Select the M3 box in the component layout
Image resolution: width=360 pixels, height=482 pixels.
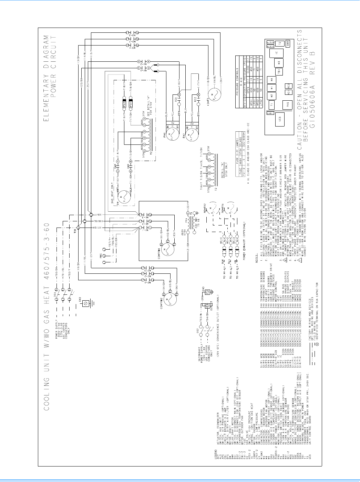[279, 62]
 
